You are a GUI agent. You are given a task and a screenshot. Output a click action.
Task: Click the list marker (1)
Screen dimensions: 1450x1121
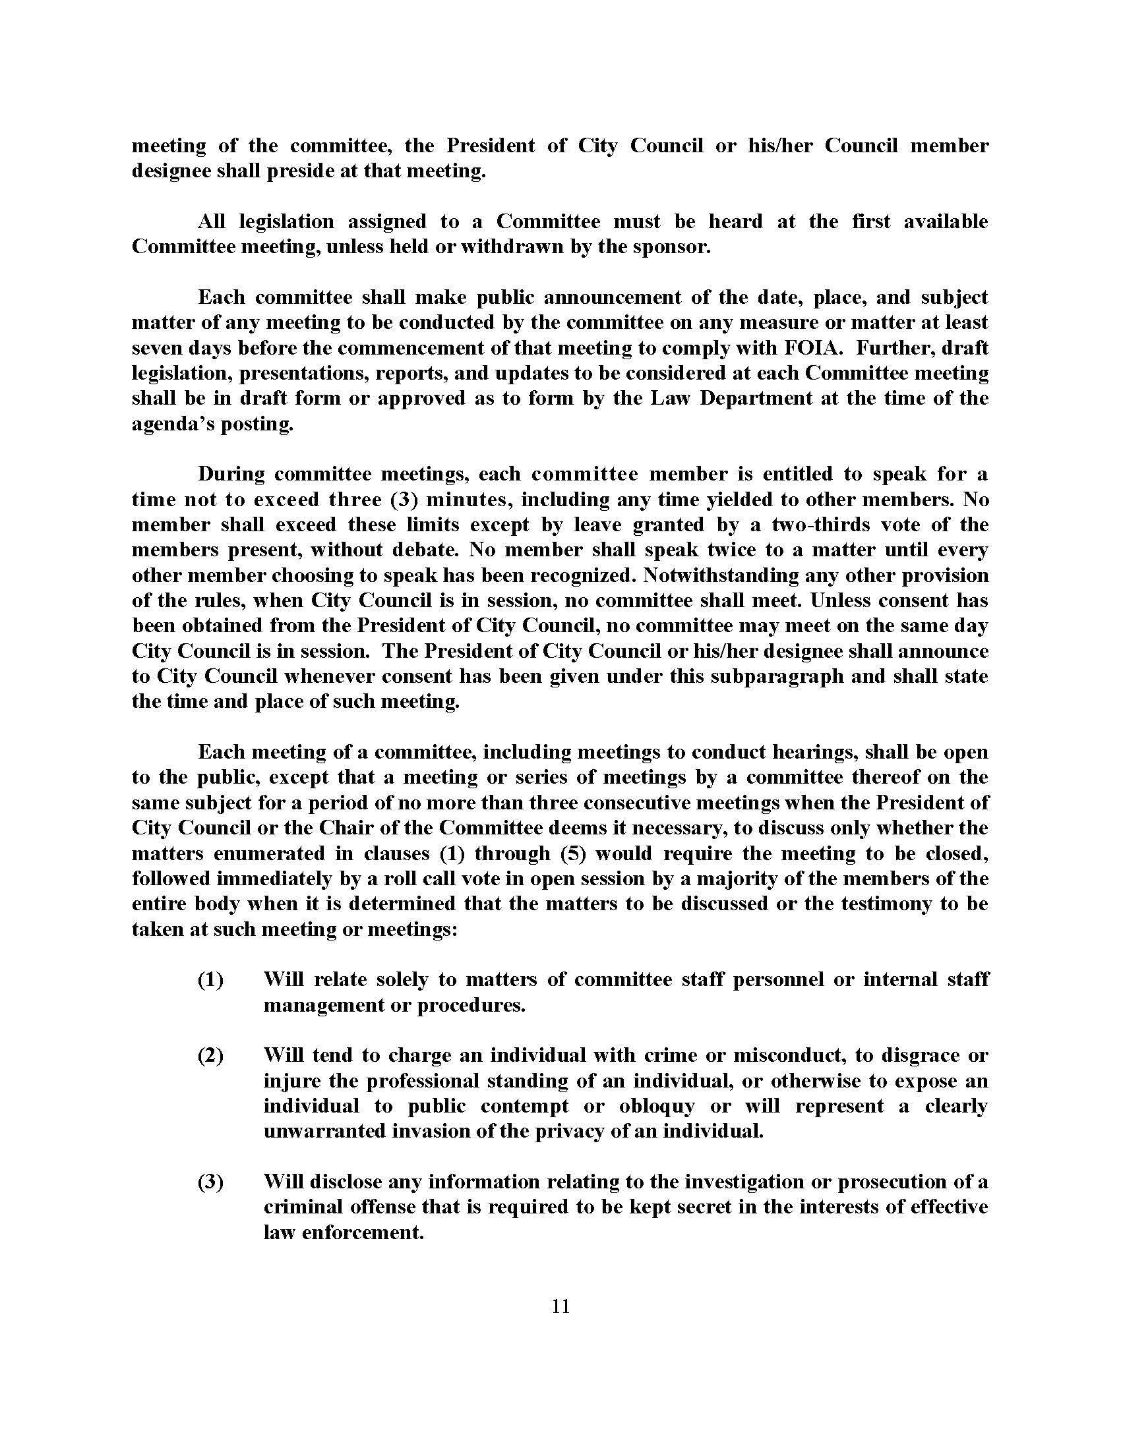click(x=210, y=980)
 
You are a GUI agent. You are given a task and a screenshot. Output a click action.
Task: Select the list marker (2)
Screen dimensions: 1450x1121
click(x=210, y=1056)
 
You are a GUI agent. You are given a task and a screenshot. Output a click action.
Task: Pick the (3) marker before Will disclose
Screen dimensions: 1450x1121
click(x=210, y=1182)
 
